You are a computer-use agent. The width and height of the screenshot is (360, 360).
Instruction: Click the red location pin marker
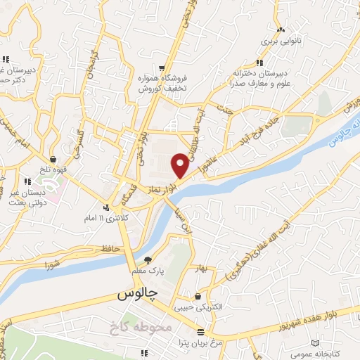[x=180, y=165]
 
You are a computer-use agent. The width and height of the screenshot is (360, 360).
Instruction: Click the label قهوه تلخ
[x=54, y=169]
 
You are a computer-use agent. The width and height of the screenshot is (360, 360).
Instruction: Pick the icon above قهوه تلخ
[x=54, y=159]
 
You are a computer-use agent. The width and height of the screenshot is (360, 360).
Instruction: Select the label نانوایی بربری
[x=281, y=41]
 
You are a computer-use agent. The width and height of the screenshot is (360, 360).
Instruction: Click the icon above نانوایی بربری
[x=281, y=30]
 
